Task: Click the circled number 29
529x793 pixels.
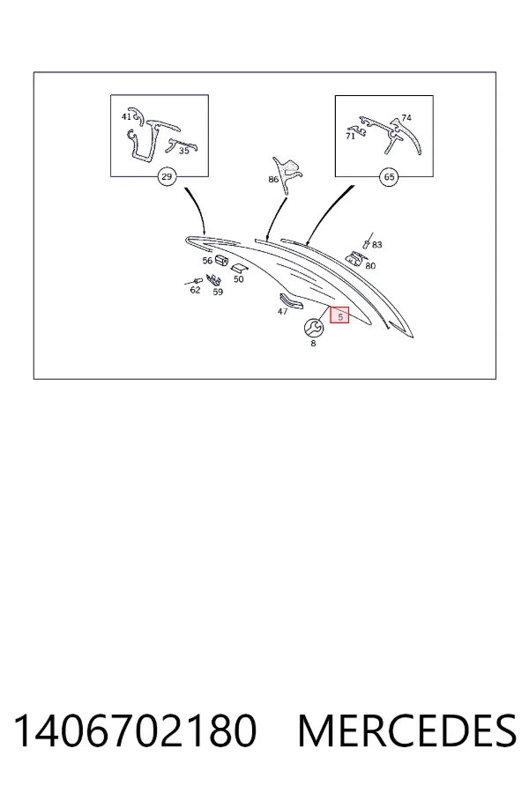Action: [x=167, y=177]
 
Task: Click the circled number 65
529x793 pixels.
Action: [x=389, y=177]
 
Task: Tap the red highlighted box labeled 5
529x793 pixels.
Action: [x=339, y=315]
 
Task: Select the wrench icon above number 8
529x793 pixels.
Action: [x=313, y=329]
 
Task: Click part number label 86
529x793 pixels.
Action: [x=273, y=179]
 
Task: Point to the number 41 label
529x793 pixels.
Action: [x=126, y=117]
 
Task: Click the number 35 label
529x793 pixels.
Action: [x=183, y=151]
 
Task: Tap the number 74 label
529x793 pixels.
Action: [x=406, y=118]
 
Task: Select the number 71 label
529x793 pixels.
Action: [x=350, y=137]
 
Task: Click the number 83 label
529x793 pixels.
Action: [x=377, y=245]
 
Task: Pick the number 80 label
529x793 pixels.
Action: [x=370, y=266]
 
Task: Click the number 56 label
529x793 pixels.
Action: [x=207, y=261]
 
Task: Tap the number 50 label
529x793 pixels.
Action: [x=238, y=279]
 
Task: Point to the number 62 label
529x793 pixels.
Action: [x=195, y=290]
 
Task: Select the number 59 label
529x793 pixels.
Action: [x=218, y=293]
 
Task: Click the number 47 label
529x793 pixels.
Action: [x=282, y=312]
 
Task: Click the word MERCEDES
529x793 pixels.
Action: [x=407, y=730]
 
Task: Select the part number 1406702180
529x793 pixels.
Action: [x=135, y=730]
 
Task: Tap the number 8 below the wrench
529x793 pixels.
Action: [x=313, y=344]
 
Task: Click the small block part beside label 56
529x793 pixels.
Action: [x=220, y=260]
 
